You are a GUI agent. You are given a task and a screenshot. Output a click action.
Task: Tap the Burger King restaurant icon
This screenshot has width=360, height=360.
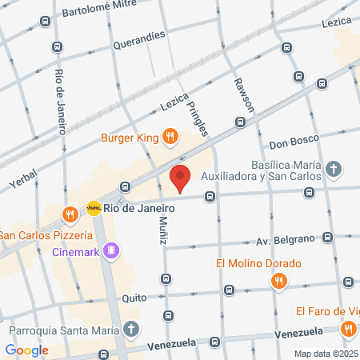(x=170, y=137)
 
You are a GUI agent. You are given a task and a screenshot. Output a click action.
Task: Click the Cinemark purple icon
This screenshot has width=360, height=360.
(x=111, y=250)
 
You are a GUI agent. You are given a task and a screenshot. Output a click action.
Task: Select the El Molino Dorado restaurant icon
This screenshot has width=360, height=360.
(x=278, y=281)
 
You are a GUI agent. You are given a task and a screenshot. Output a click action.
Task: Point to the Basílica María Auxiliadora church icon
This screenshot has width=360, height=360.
(x=334, y=170)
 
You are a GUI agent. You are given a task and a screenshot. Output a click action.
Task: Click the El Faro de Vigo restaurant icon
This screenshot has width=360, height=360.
(x=349, y=328)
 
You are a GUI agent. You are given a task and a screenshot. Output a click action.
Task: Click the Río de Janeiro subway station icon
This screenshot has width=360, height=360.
(x=94, y=207)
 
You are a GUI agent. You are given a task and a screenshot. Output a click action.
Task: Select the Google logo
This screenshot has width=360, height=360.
(x=26, y=350)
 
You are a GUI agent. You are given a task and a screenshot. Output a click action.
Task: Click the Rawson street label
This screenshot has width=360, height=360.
(x=244, y=94)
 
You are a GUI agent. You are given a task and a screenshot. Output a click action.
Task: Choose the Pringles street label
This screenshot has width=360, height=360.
(x=197, y=116)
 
